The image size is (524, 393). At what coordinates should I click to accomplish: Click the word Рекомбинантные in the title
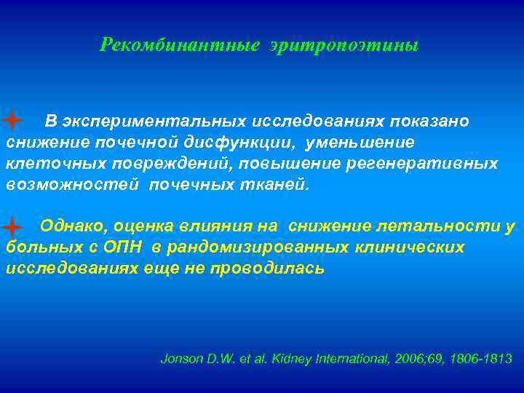[180, 46]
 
